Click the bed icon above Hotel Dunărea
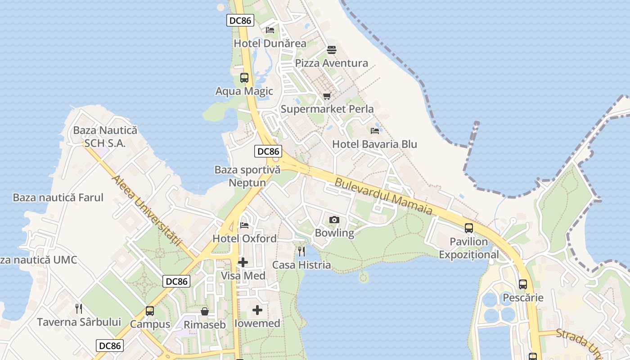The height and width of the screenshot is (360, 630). click(270, 30)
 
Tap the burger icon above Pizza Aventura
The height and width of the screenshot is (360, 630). click(332, 50)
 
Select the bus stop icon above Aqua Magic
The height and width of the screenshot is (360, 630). click(244, 78)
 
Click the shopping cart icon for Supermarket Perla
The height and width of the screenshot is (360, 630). click(327, 96)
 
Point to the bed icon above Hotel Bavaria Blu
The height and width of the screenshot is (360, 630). click(375, 131)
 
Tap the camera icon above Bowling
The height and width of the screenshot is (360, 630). click(334, 220)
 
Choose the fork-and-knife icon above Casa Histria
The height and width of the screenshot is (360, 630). click(301, 252)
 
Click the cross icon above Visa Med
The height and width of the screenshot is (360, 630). click(243, 262)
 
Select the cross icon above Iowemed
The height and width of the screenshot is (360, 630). click(257, 310)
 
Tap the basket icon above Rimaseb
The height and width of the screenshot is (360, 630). click(205, 311)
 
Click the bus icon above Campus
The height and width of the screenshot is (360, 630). click(150, 311)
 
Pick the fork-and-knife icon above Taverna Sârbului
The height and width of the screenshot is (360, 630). click(79, 309)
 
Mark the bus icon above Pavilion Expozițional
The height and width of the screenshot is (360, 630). click(469, 228)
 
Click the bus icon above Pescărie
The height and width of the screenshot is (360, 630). click(522, 284)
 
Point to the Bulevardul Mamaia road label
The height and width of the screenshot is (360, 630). click(383, 197)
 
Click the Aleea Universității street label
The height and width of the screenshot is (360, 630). click(146, 210)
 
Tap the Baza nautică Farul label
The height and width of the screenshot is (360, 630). click(58, 198)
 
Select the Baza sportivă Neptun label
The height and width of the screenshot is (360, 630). click(247, 176)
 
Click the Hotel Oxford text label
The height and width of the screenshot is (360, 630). click(244, 238)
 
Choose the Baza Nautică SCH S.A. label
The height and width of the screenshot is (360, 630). click(105, 137)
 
